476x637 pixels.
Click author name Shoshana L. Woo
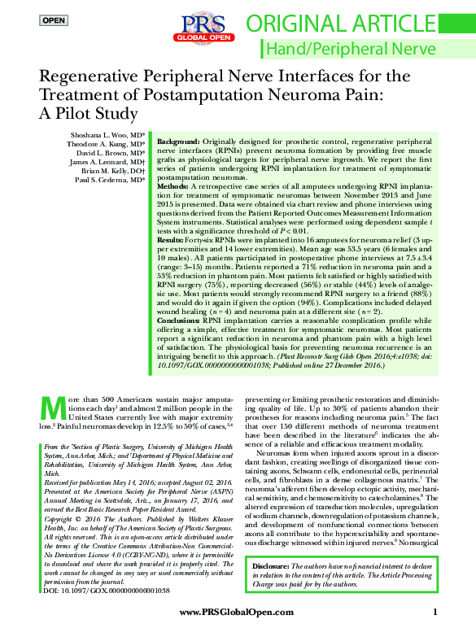coord(106,135)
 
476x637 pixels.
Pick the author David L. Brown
coord(111,153)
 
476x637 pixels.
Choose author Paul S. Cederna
coord(111,180)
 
